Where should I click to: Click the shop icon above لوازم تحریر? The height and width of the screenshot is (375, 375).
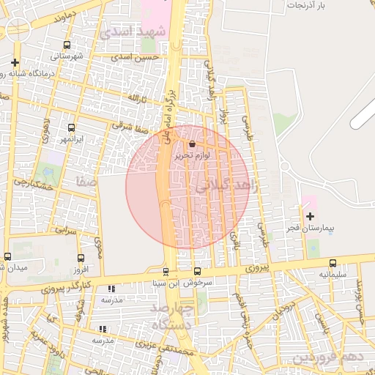point(192,144)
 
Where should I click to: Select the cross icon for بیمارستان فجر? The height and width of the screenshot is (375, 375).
point(310,216)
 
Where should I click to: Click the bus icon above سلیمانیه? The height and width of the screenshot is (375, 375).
point(333,263)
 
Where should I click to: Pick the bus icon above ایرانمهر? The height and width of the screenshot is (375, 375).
point(71,127)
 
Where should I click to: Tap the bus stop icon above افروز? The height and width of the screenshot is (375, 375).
point(81,258)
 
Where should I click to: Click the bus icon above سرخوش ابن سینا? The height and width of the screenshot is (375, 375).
point(166,272)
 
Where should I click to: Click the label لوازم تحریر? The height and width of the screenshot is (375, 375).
point(192,156)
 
